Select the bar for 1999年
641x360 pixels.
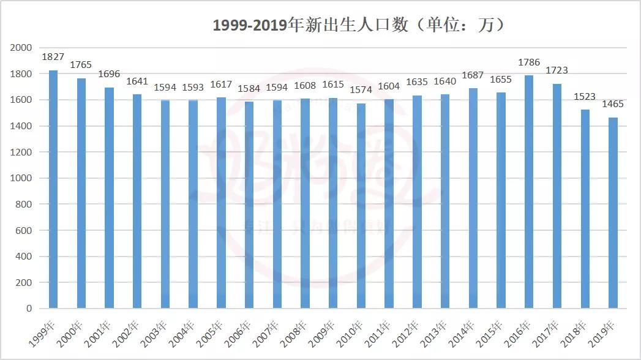click(x=53, y=189)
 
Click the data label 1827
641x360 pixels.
click(x=53, y=57)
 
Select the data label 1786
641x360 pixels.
click(x=528, y=62)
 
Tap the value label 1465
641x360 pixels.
click(x=612, y=104)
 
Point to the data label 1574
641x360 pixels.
click(x=361, y=91)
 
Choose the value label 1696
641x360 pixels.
click(x=109, y=75)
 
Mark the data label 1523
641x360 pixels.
click(x=584, y=97)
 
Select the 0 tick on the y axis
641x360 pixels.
click(x=29, y=309)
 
